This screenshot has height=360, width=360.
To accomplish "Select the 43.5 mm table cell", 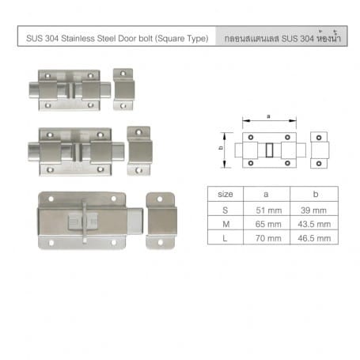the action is (x=314, y=223).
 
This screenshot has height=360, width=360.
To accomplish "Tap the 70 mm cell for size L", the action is (x=267, y=237).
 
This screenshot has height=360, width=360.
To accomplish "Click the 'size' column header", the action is (x=225, y=194).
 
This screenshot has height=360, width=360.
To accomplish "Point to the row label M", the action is (x=225, y=224).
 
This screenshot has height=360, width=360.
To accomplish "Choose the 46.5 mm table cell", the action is (x=314, y=237).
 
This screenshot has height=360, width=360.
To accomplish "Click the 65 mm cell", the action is (x=267, y=223).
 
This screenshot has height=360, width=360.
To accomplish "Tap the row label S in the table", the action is (x=225, y=210).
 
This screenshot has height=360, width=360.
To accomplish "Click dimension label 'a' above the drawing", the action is (x=268, y=116).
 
